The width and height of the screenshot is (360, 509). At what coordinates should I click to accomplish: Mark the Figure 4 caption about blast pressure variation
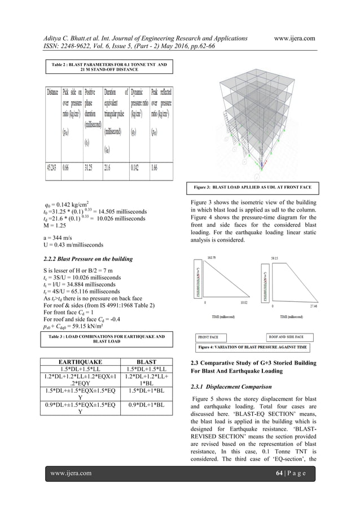253,347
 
